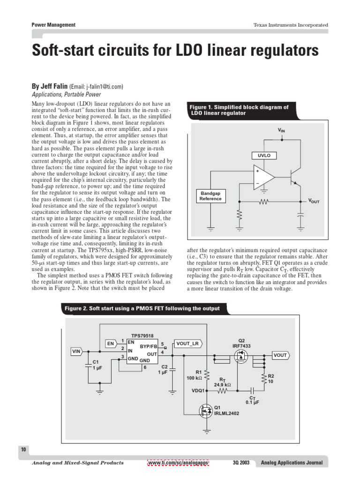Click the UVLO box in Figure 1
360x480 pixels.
point(264,156)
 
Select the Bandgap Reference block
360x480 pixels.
point(210,196)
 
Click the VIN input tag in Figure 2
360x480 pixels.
point(76,351)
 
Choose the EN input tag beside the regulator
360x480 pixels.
point(111,344)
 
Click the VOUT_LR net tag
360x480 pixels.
point(187,344)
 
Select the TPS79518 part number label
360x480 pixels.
point(142,336)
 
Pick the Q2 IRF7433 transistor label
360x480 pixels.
point(242,343)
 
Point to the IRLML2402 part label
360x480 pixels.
point(227,413)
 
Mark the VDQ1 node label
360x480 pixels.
point(199,390)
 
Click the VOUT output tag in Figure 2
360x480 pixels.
point(280,355)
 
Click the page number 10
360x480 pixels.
point(23,450)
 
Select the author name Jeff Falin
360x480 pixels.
point(49,86)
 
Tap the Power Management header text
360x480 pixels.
point(53,25)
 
